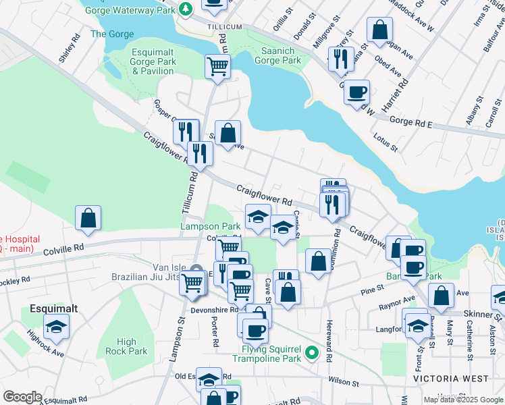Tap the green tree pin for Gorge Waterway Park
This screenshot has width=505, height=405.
186,9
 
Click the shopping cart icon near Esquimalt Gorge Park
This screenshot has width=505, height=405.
218,66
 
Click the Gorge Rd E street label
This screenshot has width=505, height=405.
410,124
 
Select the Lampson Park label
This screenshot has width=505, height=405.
211,227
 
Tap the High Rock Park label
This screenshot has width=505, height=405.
126,346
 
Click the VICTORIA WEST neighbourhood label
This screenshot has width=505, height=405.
446,379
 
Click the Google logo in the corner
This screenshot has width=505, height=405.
22,396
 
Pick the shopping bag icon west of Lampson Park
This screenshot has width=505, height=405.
88,217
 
